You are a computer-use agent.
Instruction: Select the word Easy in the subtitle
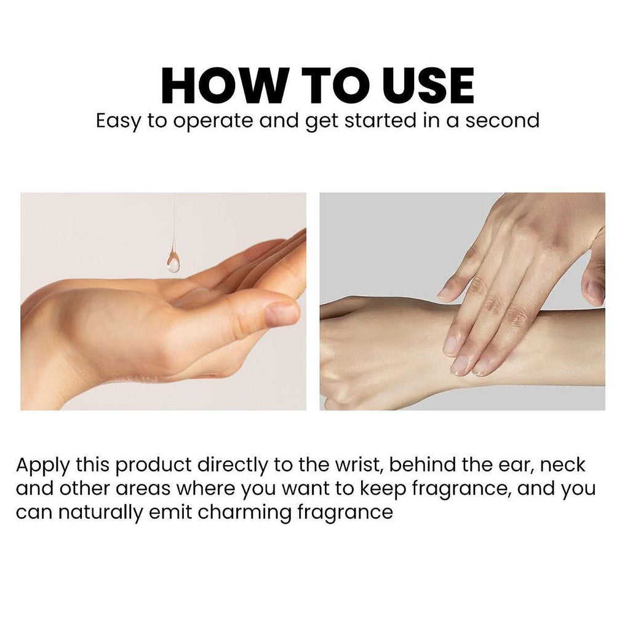click(119, 121)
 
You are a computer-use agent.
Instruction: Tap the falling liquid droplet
click(173, 260)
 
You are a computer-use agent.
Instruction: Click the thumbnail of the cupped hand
click(164, 301)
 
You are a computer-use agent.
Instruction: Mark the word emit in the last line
click(170, 512)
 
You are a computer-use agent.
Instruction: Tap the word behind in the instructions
click(421, 465)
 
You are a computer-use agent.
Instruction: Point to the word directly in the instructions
click(232, 466)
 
